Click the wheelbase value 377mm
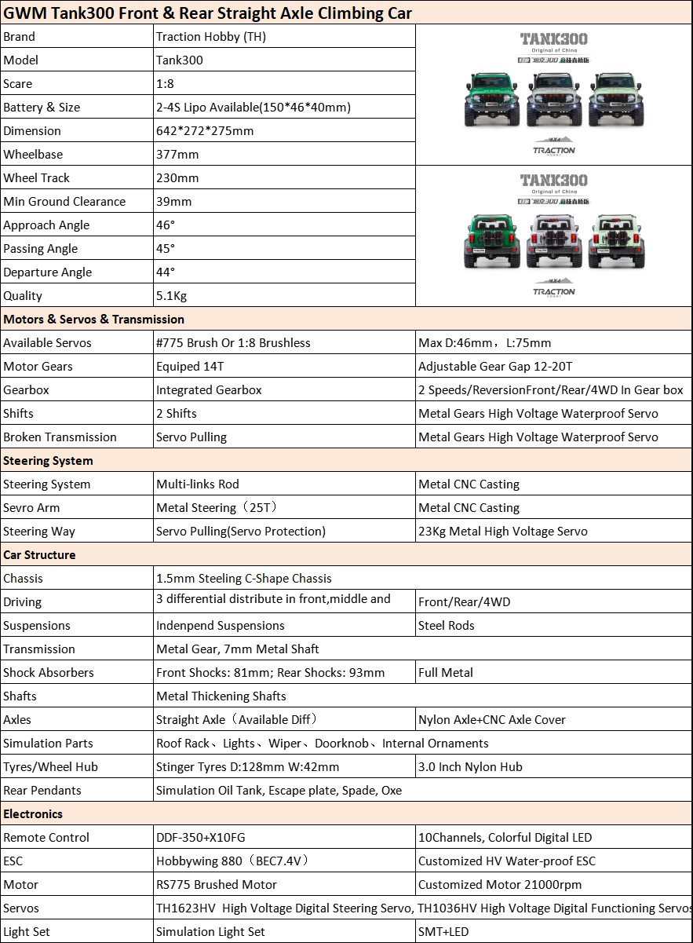(x=177, y=154)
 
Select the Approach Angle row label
(x=46, y=225)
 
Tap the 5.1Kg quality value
(x=171, y=295)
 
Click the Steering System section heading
(x=48, y=460)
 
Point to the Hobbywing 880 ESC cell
(x=233, y=861)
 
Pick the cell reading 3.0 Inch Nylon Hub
(x=470, y=766)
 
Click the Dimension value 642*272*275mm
(x=205, y=130)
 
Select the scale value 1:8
(x=166, y=83)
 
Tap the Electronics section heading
(x=33, y=813)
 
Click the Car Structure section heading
(x=39, y=554)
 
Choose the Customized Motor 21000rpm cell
(x=500, y=884)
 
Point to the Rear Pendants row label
(x=42, y=790)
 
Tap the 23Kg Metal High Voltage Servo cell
(x=502, y=531)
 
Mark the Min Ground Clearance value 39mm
(x=173, y=201)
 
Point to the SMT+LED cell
(x=443, y=931)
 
